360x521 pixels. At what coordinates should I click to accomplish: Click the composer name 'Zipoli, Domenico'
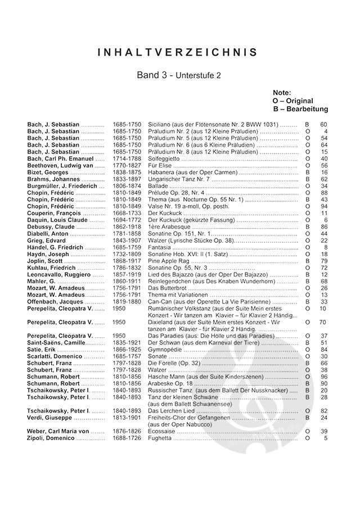point(51,438)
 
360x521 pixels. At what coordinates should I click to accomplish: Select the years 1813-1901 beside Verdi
point(127,418)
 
